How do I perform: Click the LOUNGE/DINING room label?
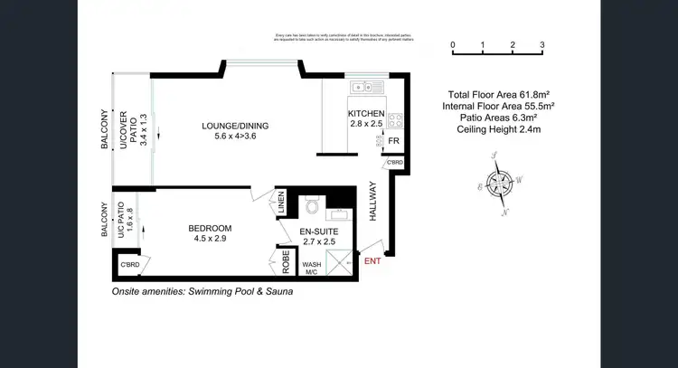click(x=235, y=126)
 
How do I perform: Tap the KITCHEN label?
click(x=366, y=115)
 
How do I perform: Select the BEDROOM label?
click(x=210, y=228)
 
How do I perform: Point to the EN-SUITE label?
click(x=317, y=231)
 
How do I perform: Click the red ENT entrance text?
click(x=372, y=262)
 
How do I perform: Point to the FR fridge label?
click(x=393, y=142)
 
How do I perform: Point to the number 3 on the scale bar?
click(x=542, y=44)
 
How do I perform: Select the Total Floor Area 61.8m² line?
click(x=498, y=94)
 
